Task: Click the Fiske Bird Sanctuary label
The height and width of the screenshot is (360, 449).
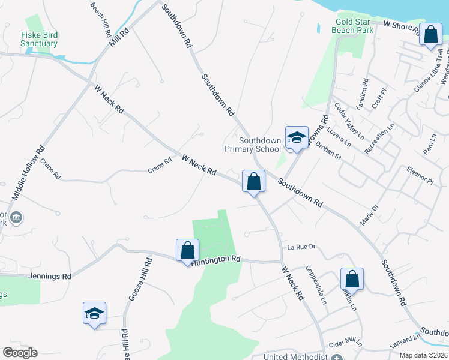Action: (40, 40)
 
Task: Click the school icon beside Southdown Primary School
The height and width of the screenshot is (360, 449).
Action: (296, 137)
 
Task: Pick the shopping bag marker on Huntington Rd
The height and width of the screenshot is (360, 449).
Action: (187, 250)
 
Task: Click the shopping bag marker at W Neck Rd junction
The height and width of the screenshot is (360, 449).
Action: (253, 181)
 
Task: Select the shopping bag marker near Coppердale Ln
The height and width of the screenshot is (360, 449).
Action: (352, 279)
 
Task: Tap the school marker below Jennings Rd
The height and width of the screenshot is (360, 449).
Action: (94, 313)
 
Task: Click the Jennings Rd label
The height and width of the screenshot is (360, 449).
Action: (50, 276)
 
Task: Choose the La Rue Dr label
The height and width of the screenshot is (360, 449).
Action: (301, 246)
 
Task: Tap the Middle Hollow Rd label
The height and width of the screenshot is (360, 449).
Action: (28, 174)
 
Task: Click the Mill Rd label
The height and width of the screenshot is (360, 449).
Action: (119, 38)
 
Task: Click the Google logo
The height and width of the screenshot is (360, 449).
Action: (20, 353)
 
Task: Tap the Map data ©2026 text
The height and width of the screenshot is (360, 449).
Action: (423, 355)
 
